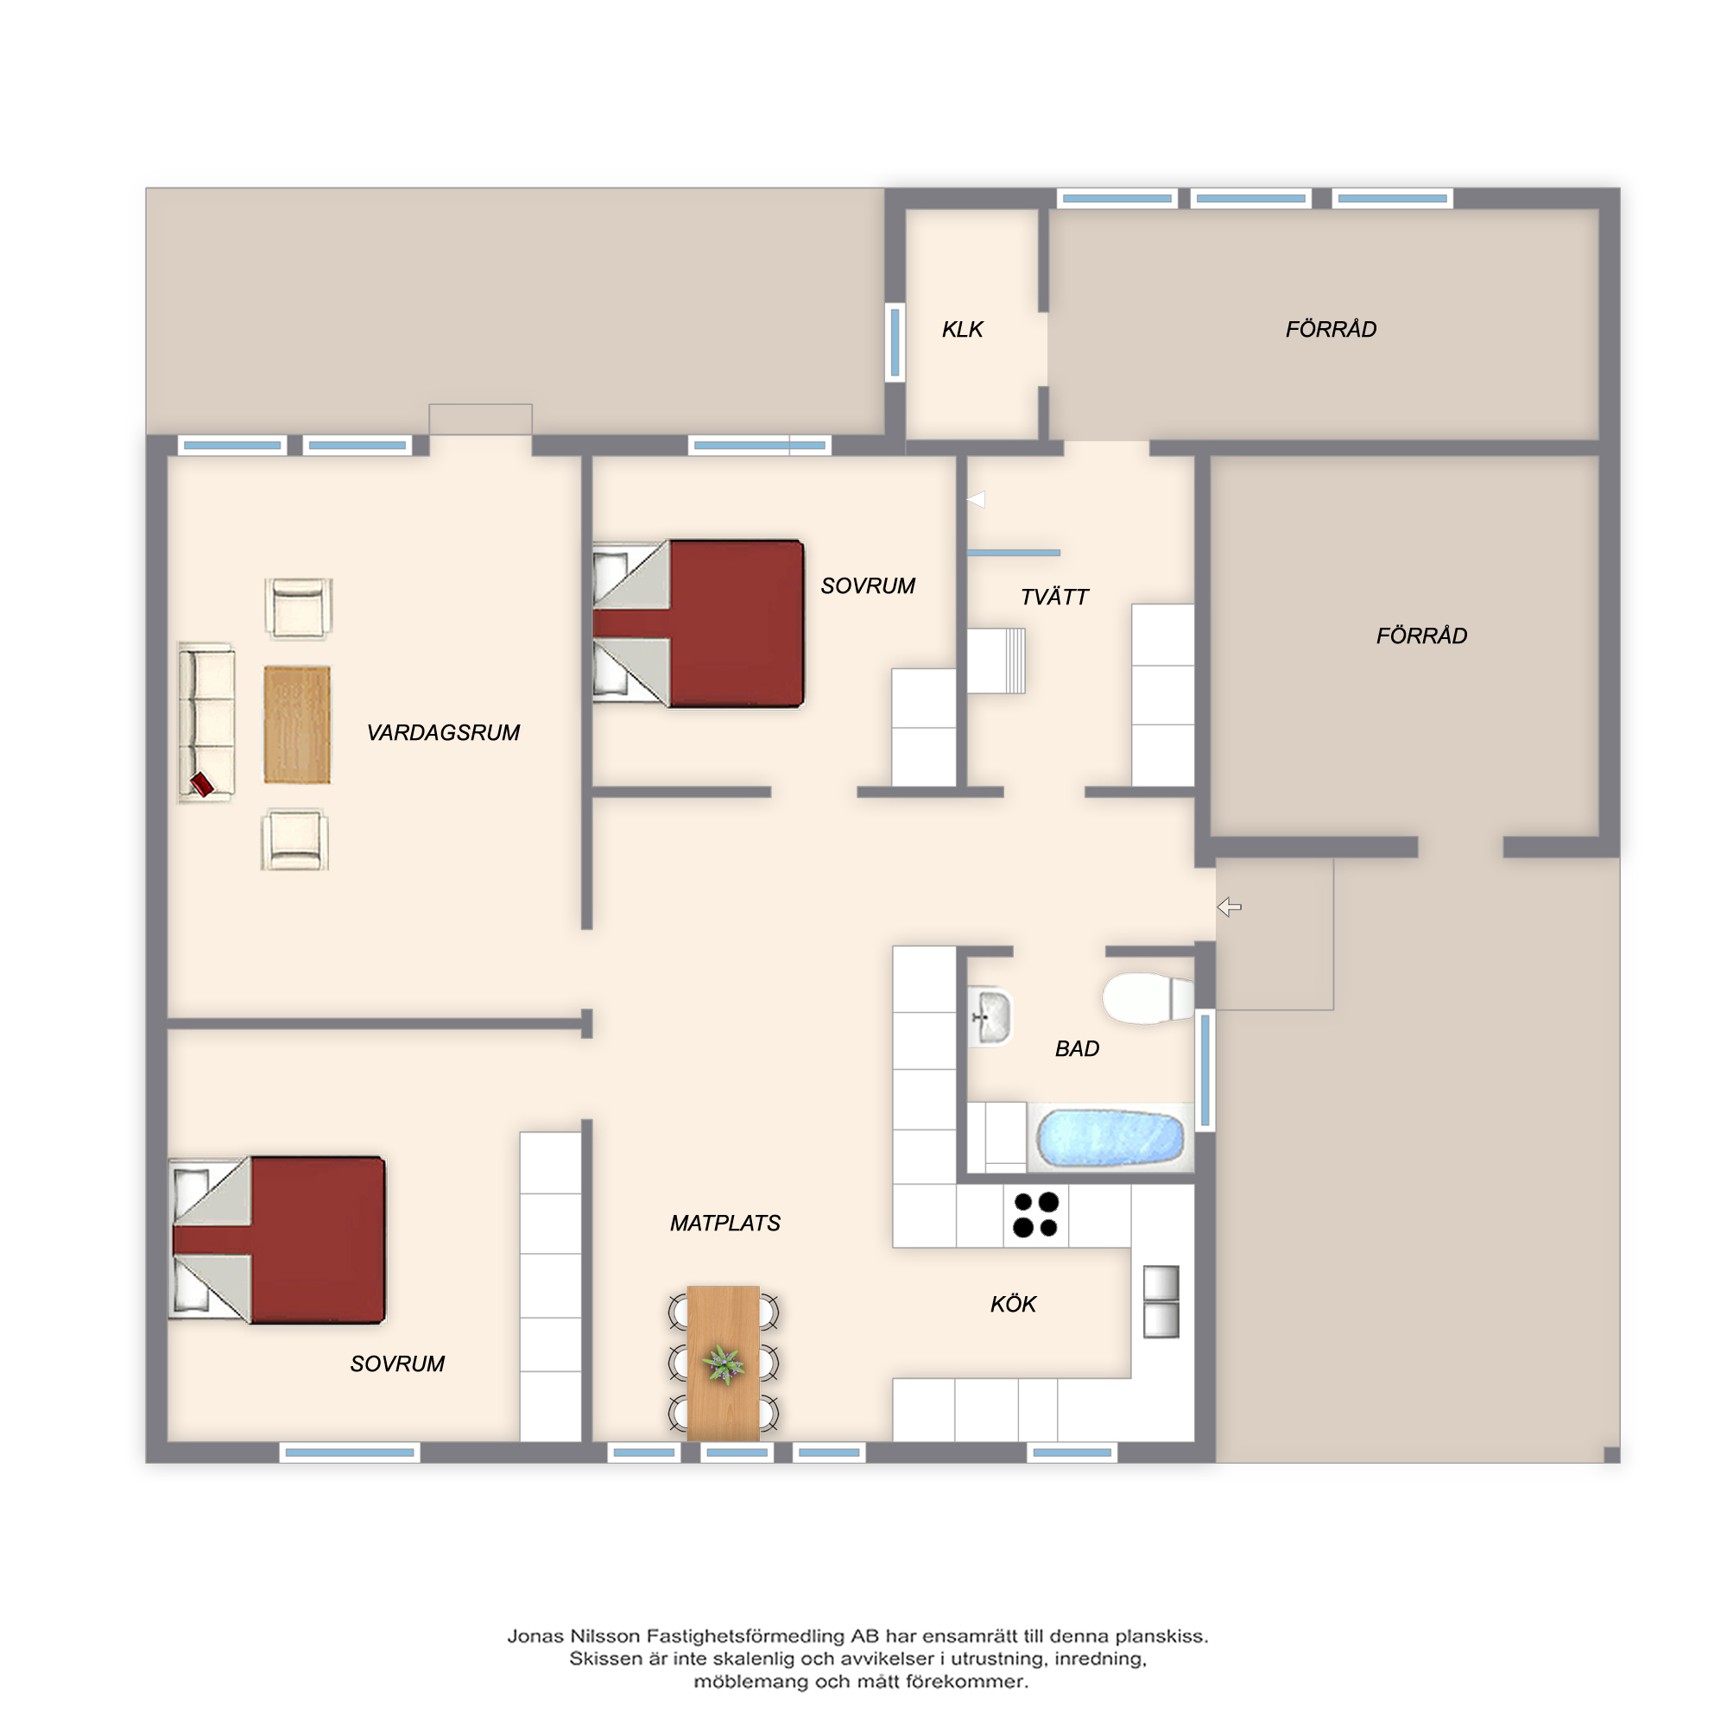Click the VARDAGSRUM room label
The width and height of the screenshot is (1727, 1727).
click(x=442, y=733)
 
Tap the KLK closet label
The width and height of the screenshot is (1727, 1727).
click(x=962, y=330)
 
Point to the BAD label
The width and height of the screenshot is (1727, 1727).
click(x=1076, y=1048)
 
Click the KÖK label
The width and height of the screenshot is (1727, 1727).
click(x=1013, y=1304)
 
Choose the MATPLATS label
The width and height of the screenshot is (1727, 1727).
click(x=725, y=1223)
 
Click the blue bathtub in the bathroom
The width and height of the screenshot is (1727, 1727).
click(x=1110, y=1138)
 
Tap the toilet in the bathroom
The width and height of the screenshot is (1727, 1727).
click(x=1148, y=997)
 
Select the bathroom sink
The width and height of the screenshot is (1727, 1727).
click(x=990, y=1016)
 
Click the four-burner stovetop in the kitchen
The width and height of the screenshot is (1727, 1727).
click(x=1035, y=1215)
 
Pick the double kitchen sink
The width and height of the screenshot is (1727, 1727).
click(x=1161, y=1301)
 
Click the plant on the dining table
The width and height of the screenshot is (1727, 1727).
click(x=723, y=1365)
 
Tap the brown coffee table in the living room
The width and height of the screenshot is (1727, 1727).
click(x=297, y=725)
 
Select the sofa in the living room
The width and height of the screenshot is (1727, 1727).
click(x=206, y=722)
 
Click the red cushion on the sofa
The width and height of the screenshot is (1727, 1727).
click(x=202, y=785)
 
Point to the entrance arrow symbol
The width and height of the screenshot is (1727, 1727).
click(x=1229, y=908)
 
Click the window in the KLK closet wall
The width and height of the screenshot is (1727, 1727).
click(x=895, y=342)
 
